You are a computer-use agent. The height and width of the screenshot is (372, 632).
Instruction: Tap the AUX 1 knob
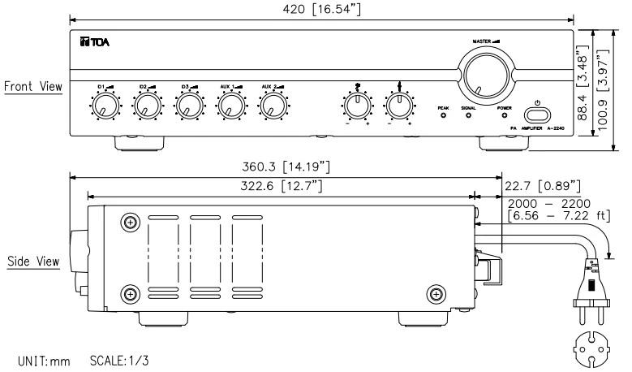point(230,105)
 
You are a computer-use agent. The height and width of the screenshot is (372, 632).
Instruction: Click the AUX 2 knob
point(273,105)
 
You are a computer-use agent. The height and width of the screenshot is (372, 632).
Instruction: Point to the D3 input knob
point(188,105)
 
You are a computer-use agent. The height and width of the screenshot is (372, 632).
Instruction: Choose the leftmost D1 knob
point(103,105)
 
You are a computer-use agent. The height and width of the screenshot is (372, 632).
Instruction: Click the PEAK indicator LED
point(443,115)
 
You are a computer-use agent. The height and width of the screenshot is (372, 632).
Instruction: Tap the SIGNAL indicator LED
point(469,115)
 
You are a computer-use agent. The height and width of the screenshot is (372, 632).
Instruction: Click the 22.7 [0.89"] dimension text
point(540,186)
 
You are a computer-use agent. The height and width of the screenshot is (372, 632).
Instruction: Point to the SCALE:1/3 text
point(117,359)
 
